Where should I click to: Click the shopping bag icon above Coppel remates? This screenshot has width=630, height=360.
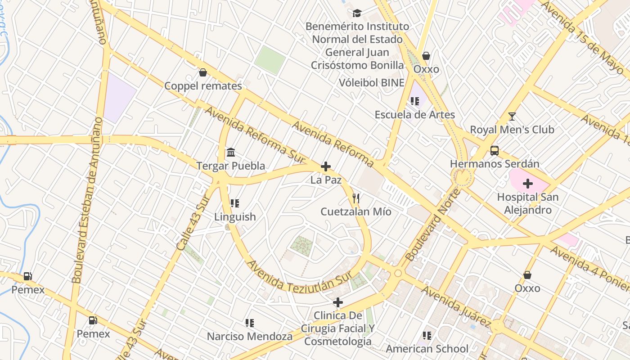point(203,72)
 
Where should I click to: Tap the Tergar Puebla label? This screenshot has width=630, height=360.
point(230,166)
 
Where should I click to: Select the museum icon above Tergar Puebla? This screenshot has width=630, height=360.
point(231,152)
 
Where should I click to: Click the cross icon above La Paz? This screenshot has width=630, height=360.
point(326,167)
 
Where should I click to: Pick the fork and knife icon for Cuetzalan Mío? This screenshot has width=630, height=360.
point(356,198)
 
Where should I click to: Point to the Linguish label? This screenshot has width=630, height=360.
point(235,216)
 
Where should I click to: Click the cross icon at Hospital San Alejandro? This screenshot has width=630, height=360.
point(528,184)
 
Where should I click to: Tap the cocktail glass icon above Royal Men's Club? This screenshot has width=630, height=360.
point(512,117)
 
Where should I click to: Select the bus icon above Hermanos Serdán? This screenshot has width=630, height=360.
point(494,151)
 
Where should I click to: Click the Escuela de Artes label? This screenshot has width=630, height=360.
point(414,115)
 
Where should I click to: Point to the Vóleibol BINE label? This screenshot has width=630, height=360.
point(371,83)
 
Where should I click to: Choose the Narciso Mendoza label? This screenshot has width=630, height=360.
point(249,336)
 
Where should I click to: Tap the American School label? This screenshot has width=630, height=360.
point(427,348)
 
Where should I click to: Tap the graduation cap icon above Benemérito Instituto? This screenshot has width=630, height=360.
point(357,13)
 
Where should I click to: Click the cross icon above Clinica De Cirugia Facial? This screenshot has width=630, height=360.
point(337,302)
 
